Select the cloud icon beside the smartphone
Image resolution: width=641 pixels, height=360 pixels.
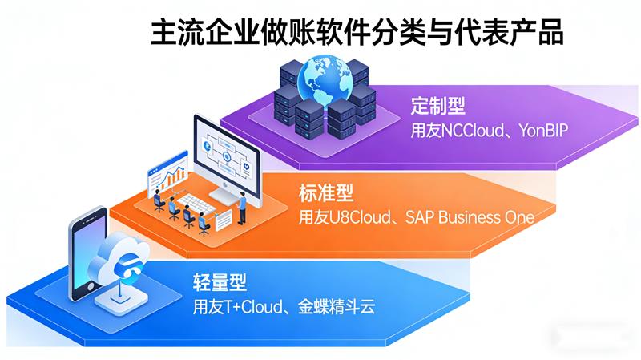point(120,257)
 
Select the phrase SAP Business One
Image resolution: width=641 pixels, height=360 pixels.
point(470,217)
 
